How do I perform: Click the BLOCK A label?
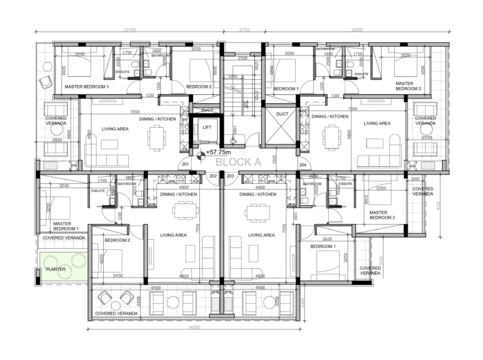tap(238, 161)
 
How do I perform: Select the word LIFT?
tap(206, 128)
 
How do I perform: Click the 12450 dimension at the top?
tap(130, 30)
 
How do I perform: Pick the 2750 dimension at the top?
tap(244, 30)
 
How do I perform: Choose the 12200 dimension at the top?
tap(357, 30)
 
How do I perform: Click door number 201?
tap(186, 165)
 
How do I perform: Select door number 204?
tap(303, 165)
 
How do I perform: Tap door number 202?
tap(213, 176)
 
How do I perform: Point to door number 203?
tap(230, 176)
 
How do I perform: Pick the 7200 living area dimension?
tap(135, 111)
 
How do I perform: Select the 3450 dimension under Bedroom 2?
tap(118, 276)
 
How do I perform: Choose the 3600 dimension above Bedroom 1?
tap(327, 239)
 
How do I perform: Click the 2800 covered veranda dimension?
tap(57, 140)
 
